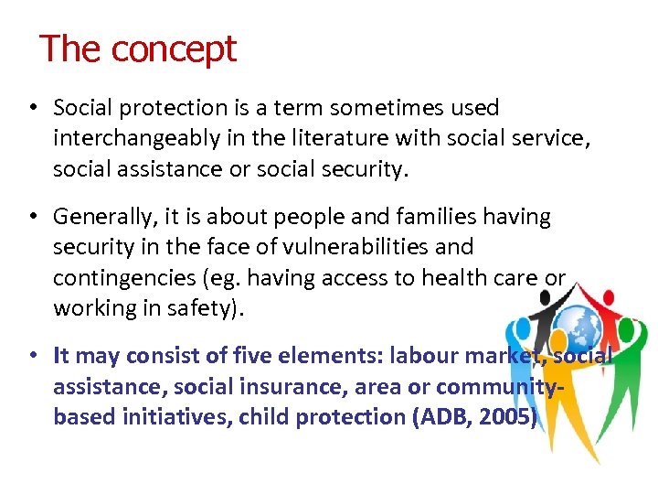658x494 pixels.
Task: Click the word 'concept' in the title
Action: [174, 48]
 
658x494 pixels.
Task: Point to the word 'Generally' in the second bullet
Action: [101, 217]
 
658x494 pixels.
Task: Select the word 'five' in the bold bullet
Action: [261, 356]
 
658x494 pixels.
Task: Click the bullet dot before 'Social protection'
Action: [32, 108]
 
